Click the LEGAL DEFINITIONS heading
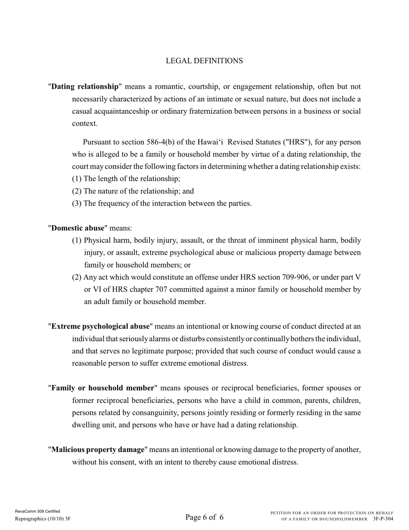click(204, 61)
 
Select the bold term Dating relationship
click(85, 87)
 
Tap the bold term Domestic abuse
click(78, 228)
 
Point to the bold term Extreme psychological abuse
click(101, 326)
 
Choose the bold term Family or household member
click(102, 388)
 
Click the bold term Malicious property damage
click(98, 449)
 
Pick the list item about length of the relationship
click(126, 179)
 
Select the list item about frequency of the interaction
click(161, 203)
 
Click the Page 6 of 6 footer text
click(204, 517)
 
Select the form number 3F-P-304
click(383, 519)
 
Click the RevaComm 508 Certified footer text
click(37, 511)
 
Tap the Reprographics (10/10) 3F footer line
click(43, 519)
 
